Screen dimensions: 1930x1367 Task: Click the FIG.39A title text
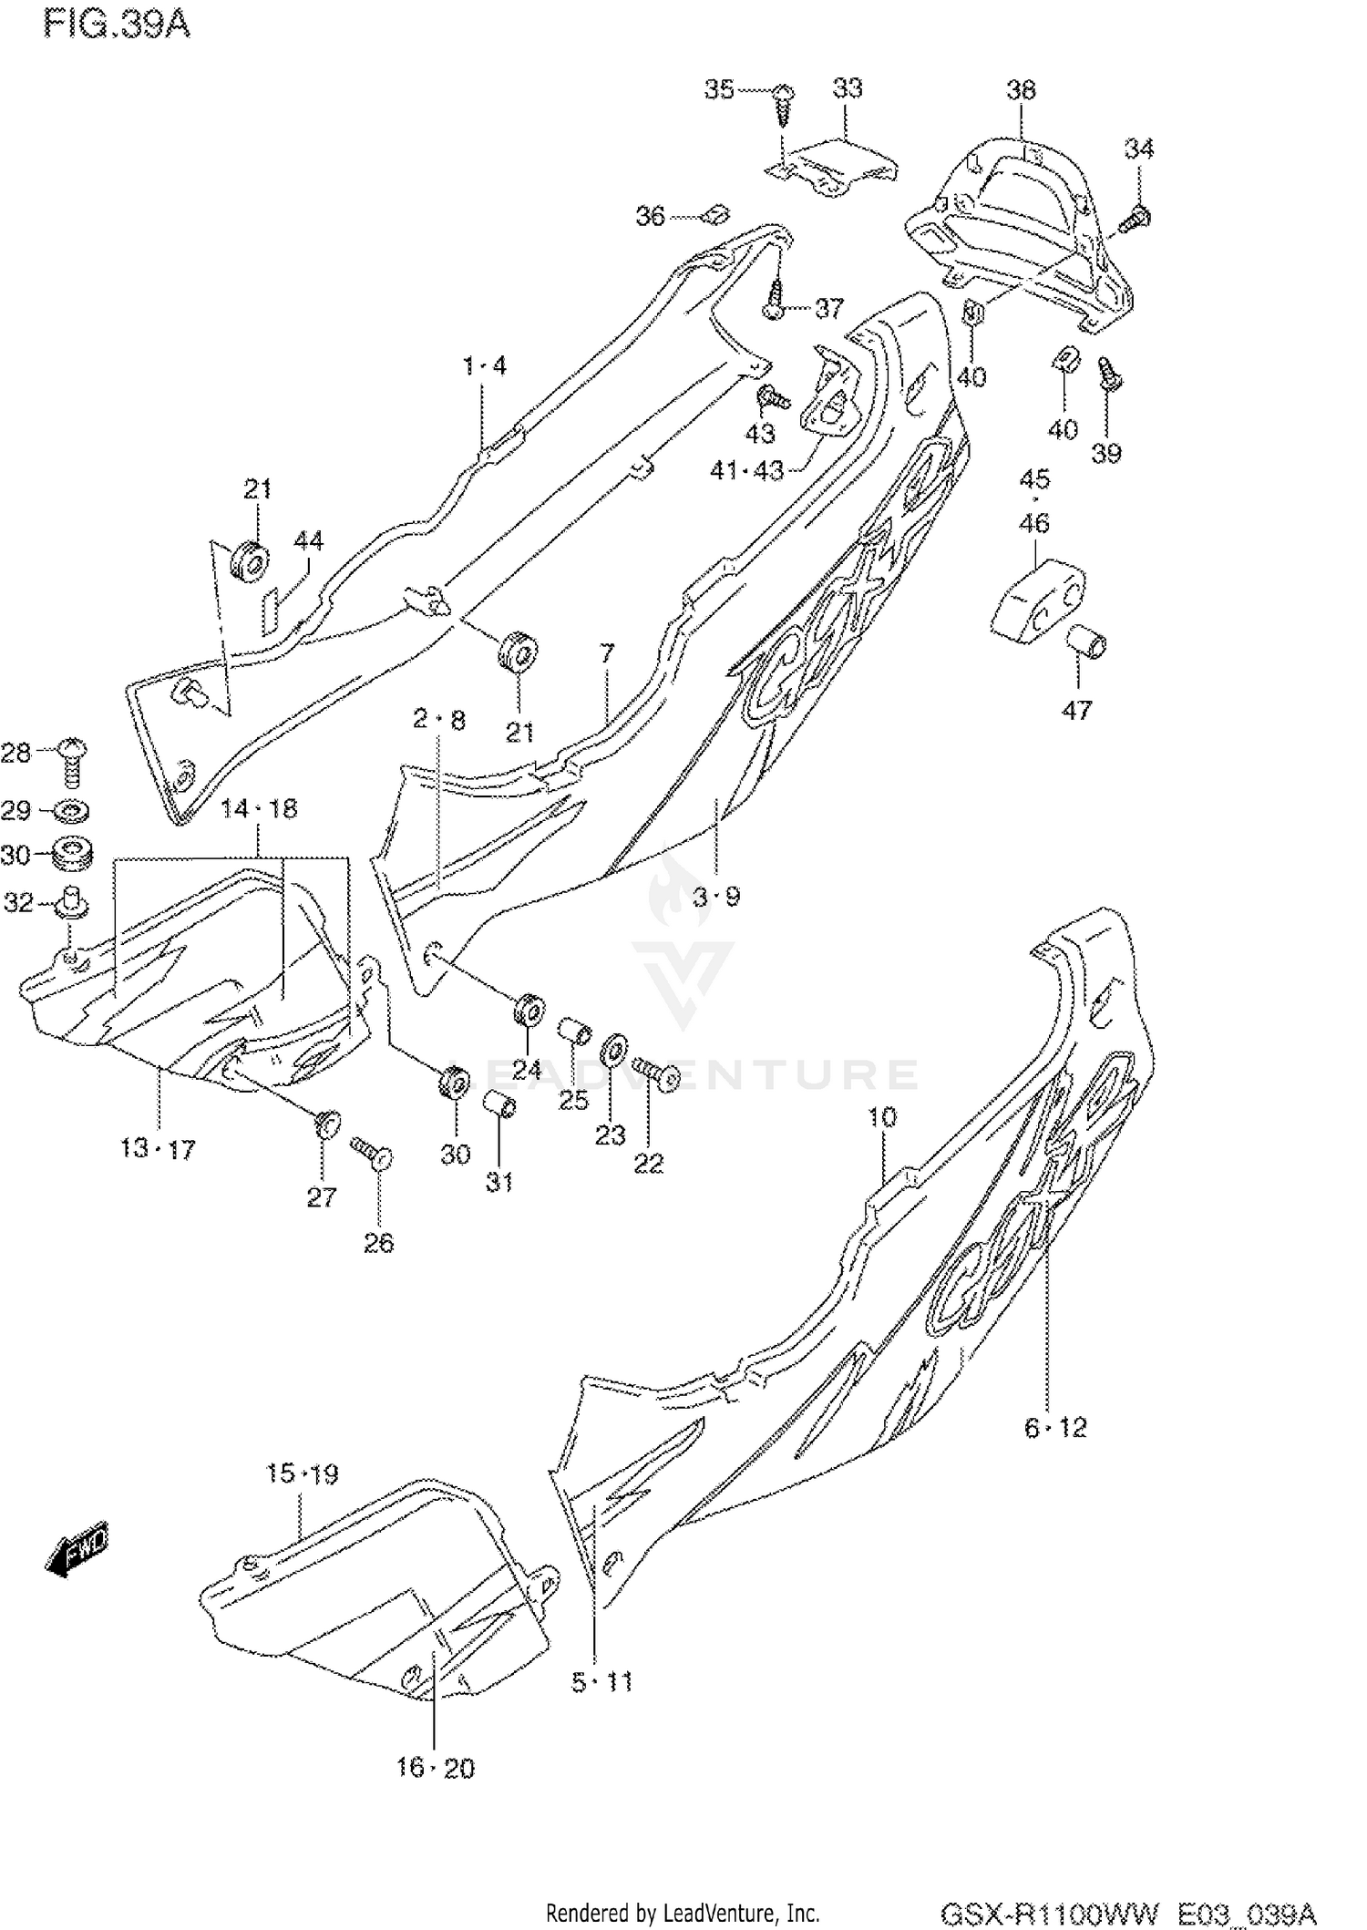tap(117, 24)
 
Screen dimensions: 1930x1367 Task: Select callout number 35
tap(718, 89)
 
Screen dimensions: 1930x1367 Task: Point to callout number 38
tap(1021, 89)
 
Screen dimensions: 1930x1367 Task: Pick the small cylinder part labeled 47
tap(1086, 643)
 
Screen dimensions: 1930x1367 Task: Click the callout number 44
tap(308, 540)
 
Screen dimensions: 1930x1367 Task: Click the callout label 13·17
tap(158, 1149)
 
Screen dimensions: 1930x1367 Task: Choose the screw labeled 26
tap(372, 1152)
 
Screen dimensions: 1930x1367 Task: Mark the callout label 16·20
tap(435, 1768)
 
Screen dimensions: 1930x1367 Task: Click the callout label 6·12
tap(1055, 1428)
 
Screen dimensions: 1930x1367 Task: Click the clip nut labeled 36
tap(715, 215)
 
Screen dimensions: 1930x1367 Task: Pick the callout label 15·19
tap(302, 1473)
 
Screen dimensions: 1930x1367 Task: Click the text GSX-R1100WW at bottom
tap(1049, 1912)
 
